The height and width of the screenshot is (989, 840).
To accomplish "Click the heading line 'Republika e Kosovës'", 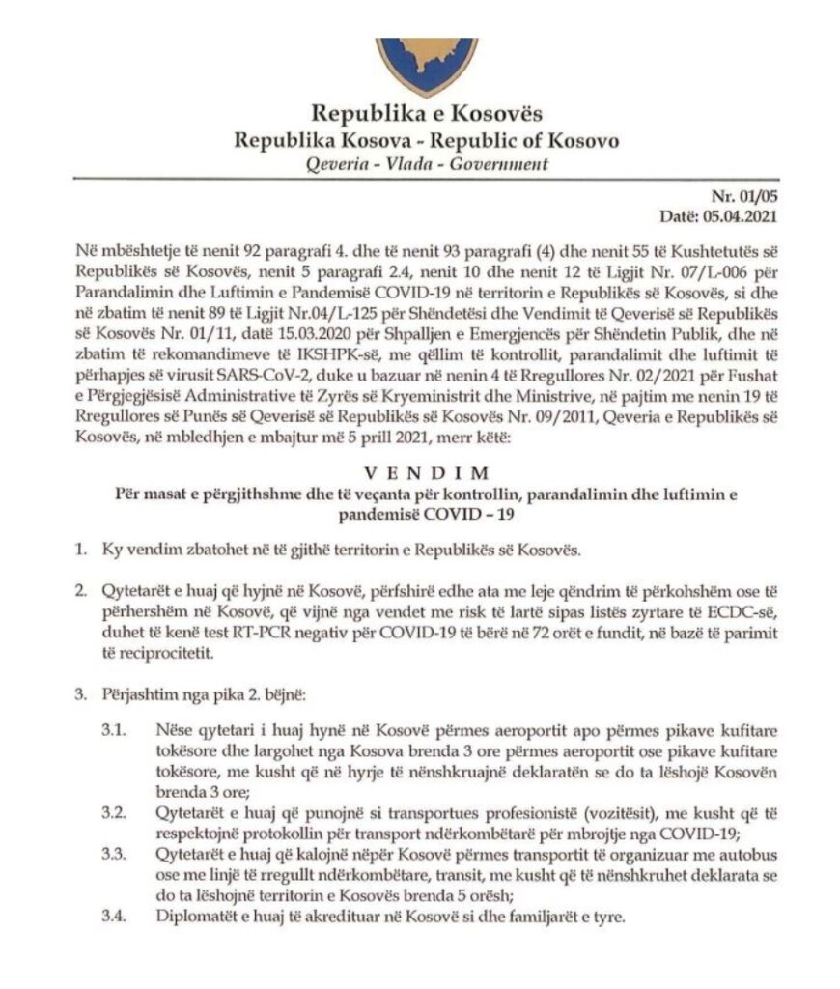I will (x=419, y=114).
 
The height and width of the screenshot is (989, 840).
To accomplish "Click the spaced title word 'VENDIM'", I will (x=420, y=476).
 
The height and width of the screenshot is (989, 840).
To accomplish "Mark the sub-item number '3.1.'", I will (x=115, y=726).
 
